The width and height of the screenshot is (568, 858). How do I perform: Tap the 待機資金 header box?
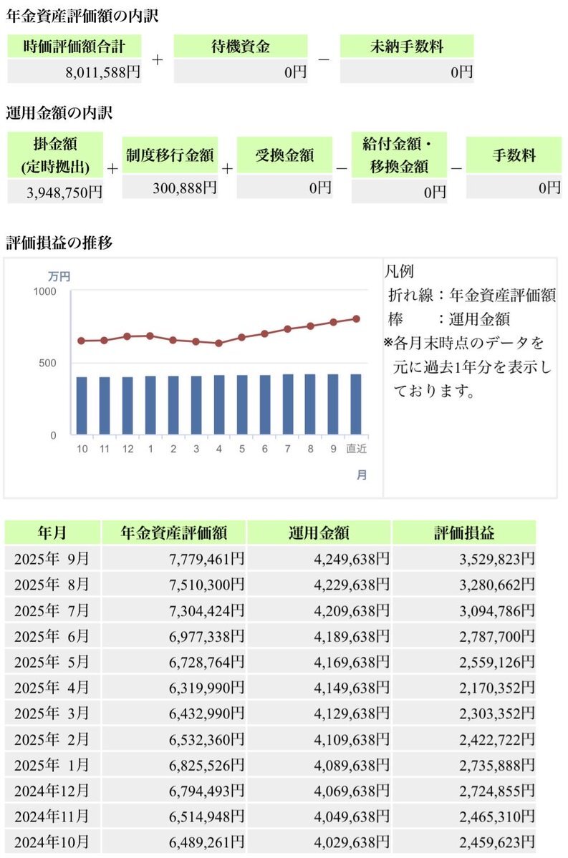(x=241, y=47)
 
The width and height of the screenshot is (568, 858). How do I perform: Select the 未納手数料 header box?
(x=406, y=47)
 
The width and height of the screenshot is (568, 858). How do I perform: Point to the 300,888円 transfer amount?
(x=184, y=187)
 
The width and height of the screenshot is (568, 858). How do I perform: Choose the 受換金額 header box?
(x=284, y=155)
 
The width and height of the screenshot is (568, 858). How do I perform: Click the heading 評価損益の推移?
(x=59, y=243)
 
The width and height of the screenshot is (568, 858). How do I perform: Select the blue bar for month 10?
(x=82, y=406)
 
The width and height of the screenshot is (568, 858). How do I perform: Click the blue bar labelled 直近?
(x=356, y=404)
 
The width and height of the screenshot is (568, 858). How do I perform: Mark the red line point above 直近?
(x=356, y=319)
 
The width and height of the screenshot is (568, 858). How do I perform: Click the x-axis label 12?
(x=127, y=448)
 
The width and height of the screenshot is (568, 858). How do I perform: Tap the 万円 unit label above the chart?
(x=59, y=276)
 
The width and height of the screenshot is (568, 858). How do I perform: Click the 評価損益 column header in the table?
(x=464, y=532)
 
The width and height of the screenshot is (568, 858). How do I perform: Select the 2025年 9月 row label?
(x=52, y=558)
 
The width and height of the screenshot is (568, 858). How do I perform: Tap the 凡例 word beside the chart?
(x=399, y=272)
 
